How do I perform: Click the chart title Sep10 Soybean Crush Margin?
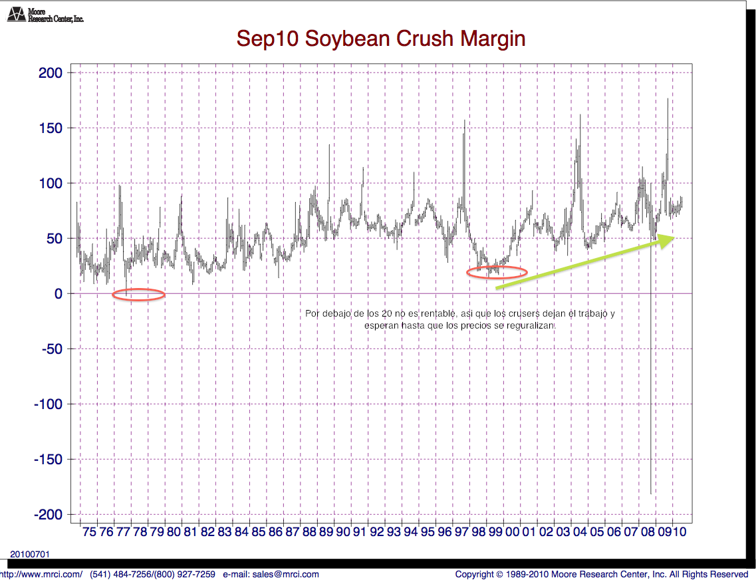click(381, 39)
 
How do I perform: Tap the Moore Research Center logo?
click(45, 14)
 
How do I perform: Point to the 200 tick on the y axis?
click(51, 73)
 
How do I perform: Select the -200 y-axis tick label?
click(48, 515)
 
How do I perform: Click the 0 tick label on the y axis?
click(59, 293)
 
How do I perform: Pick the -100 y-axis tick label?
click(48, 404)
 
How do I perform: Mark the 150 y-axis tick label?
click(51, 128)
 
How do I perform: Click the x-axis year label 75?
click(89, 532)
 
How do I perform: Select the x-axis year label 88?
click(309, 532)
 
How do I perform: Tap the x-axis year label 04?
click(580, 532)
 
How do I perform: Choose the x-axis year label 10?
click(680, 532)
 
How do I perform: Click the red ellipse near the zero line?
click(138, 295)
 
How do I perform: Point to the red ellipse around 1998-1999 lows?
click(497, 271)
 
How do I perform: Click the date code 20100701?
click(30, 554)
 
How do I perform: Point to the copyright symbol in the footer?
click(499, 574)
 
